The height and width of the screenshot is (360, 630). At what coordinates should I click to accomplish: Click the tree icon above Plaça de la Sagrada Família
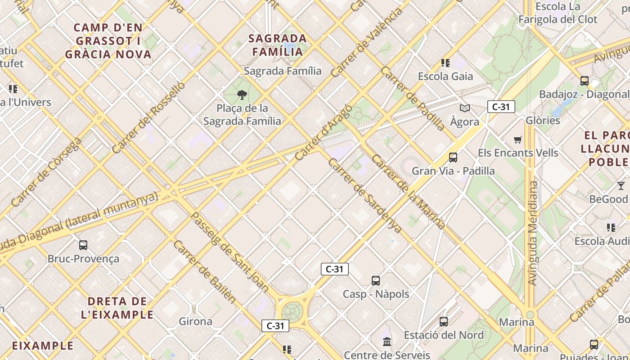point(242,94)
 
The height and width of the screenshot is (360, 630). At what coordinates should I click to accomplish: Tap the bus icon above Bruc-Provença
point(83,245)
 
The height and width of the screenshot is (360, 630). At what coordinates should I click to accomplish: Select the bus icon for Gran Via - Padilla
point(453,157)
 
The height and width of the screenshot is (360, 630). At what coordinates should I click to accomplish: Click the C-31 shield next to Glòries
point(501,107)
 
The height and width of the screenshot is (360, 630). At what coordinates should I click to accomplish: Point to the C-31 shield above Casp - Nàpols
point(334,269)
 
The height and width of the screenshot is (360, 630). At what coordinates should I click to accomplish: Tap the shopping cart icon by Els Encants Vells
point(518,139)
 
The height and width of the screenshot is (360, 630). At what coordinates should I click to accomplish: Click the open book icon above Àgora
point(465,108)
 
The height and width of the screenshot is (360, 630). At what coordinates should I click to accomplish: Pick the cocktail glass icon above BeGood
point(621,185)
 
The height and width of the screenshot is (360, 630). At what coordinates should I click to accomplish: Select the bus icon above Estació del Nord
point(444,322)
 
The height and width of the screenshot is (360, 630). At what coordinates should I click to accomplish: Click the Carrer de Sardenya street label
point(364,196)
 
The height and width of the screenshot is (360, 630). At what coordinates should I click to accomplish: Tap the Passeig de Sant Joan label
point(229,252)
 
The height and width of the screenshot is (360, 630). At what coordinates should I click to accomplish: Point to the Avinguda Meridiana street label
point(533,233)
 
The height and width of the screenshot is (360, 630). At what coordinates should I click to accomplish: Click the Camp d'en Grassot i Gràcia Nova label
point(108,41)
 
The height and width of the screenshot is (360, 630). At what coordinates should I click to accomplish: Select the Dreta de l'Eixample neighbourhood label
point(117,308)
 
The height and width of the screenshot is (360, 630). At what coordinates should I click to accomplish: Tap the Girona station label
point(195,321)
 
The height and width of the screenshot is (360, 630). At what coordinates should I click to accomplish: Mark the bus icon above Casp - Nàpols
point(376,281)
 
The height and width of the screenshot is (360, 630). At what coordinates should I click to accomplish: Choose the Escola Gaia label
point(445,76)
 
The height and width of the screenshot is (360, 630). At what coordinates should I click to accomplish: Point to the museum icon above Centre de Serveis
point(387,342)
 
